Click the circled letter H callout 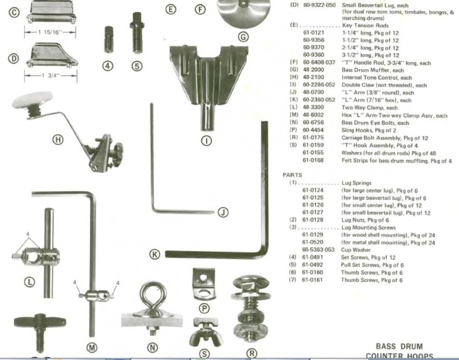click(x=58, y=140)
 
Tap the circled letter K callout click(x=155, y=254)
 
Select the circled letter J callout click(x=223, y=212)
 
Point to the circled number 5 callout click(x=137, y=66)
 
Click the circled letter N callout click(x=152, y=347)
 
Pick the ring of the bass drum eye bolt click(x=150, y=294)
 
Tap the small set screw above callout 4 click(x=108, y=40)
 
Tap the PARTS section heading click(x=292, y=175)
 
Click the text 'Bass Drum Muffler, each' click(x=373, y=70)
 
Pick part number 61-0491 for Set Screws click(x=313, y=257)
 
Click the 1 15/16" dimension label click(x=50, y=32)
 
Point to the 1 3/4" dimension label click(x=50, y=75)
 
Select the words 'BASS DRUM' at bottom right click(x=399, y=347)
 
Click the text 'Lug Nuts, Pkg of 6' click(x=365, y=220)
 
